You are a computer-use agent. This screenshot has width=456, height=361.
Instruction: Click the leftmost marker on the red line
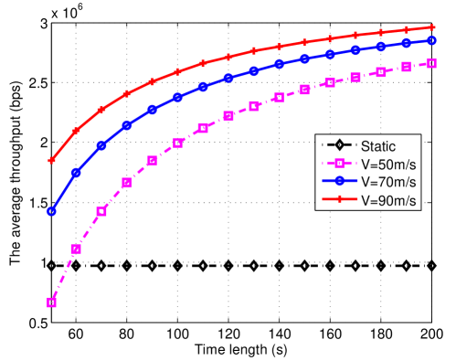click(52, 160)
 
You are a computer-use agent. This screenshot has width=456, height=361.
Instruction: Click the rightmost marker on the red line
click(431, 27)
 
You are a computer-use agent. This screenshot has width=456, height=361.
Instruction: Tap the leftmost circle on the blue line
click(52, 211)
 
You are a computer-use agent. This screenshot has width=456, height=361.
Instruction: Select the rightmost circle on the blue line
click(431, 41)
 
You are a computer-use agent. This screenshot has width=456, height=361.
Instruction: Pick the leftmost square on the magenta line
click(52, 303)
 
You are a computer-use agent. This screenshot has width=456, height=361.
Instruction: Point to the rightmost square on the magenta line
click(431, 63)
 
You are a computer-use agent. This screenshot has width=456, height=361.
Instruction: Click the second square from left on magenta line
click(77, 249)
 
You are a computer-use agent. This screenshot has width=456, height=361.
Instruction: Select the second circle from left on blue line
click(77, 173)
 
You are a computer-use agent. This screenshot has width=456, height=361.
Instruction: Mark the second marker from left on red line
click(77, 131)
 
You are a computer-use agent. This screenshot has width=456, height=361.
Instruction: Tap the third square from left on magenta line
click(101, 211)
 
